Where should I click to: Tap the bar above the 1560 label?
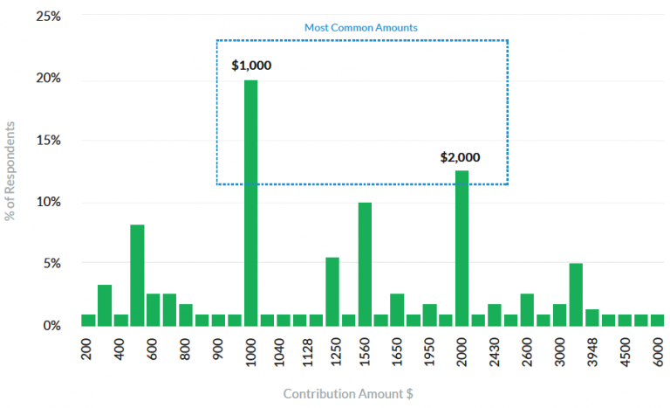coord(365,263)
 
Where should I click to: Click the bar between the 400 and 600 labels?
coord(137,274)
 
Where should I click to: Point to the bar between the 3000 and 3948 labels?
coord(576,294)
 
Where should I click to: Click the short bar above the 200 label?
coord(88,319)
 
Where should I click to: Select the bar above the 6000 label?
coord(657,319)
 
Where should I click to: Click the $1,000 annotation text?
coord(251,66)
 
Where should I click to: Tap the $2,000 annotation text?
coord(461,158)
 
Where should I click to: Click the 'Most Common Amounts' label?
coord(361,27)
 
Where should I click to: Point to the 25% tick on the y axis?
coord(47,17)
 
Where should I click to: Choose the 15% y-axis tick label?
coord(47,140)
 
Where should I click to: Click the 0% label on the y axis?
coord(51,325)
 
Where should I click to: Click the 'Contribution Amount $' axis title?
coord(348,393)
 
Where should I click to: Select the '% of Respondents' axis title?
coord(10,170)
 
